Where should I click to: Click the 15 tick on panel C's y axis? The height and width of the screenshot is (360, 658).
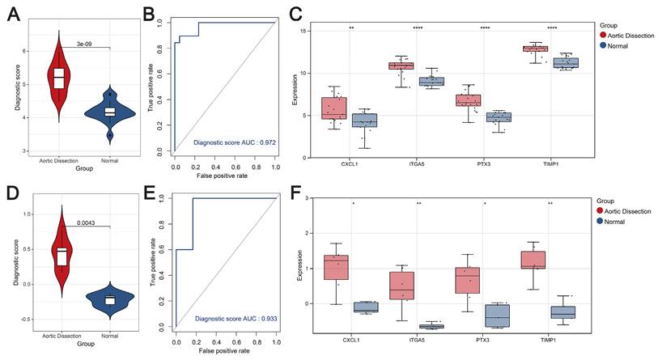click(329, 31)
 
